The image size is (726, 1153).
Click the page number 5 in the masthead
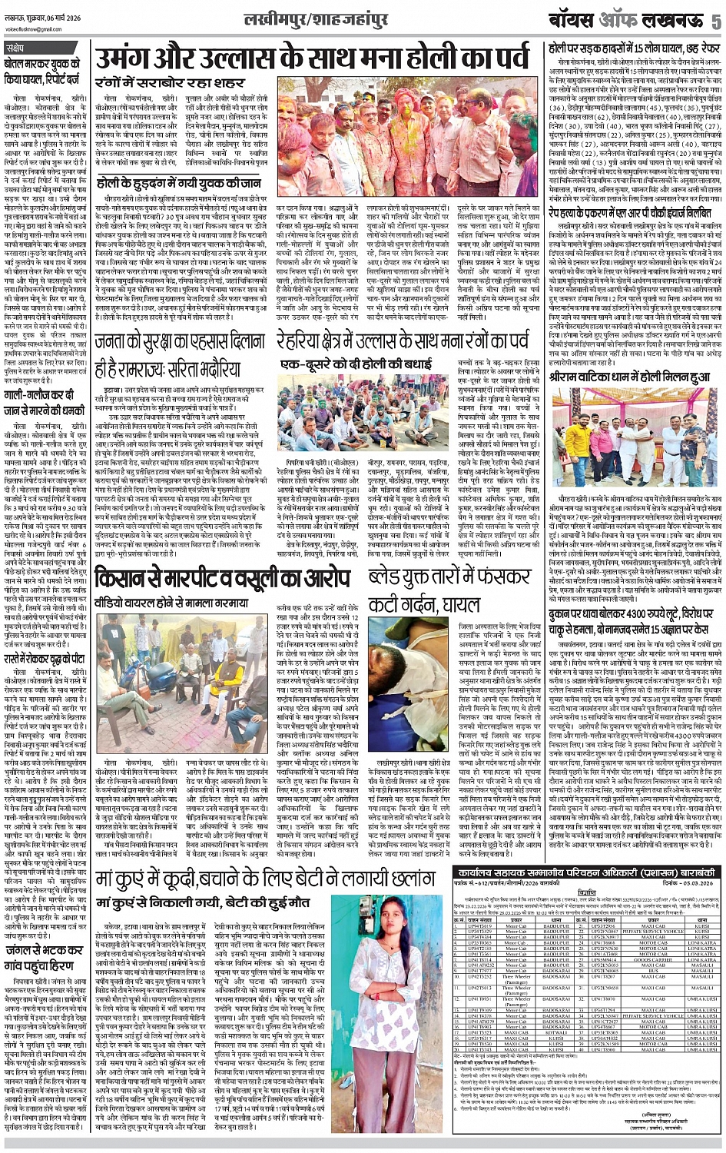(x=715, y=21)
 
